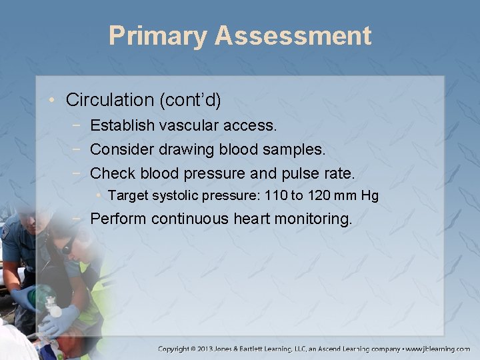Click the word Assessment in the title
point(293,36)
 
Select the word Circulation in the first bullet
point(110,101)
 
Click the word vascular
point(187,125)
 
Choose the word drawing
point(175,149)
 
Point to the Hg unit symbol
point(369,195)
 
